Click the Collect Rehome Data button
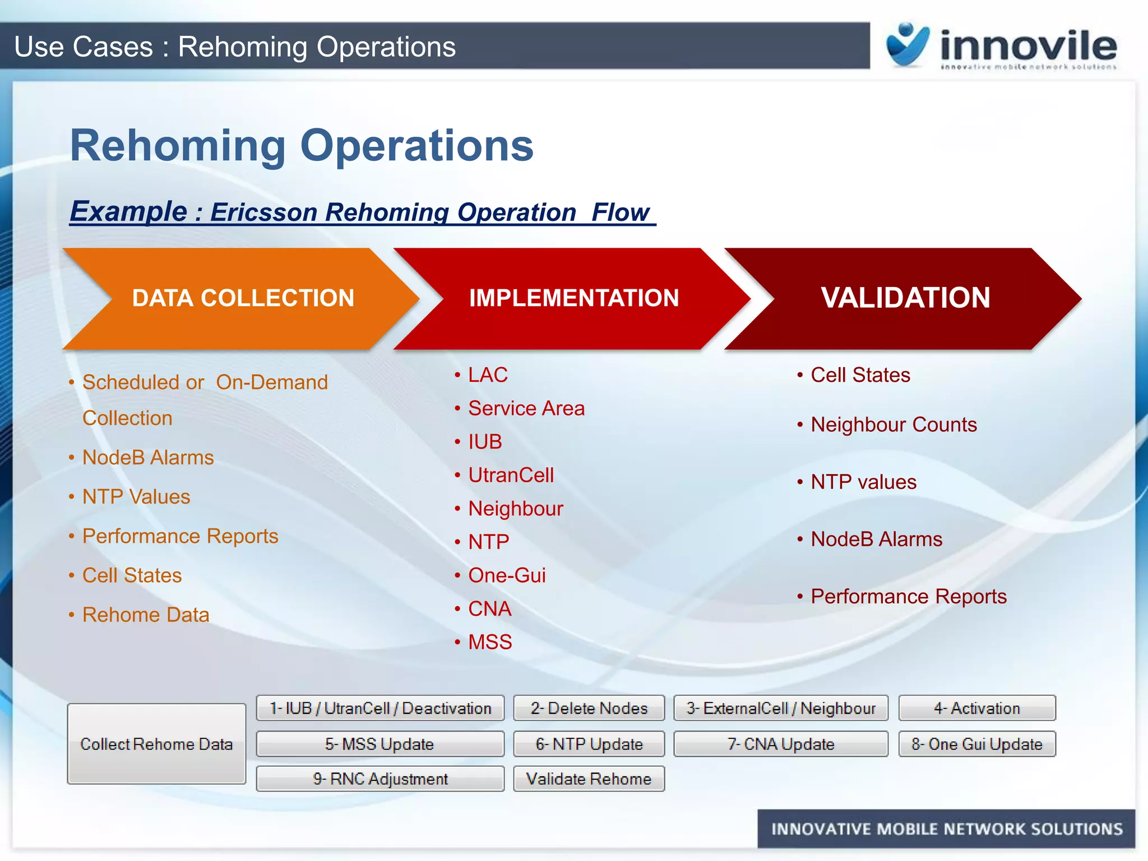pyautogui.click(x=156, y=744)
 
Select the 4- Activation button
pyautogui.click(x=976, y=709)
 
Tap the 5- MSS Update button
pyautogui.click(x=379, y=744)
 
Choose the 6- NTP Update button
pyautogui.click(x=589, y=744)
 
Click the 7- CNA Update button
pyautogui.click(x=780, y=744)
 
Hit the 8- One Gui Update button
pyautogui.click(x=976, y=744)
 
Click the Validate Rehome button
pyautogui.click(x=589, y=779)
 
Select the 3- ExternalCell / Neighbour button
pyautogui.click(x=780, y=709)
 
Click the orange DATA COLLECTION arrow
pyautogui.click(x=243, y=298)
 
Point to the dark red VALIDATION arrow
pyautogui.click(x=905, y=298)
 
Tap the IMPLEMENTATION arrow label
pyautogui.click(x=573, y=298)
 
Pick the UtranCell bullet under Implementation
pyautogui.click(x=511, y=475)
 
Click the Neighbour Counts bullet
pyautogui.click(x=894, y=425)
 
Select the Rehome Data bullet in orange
pyautogui.click(x=146, y=615)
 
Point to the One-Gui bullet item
pyautogui.click(x=507, y=576)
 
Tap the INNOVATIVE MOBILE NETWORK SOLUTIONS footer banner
pyautogui.click(x=946, y=829)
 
